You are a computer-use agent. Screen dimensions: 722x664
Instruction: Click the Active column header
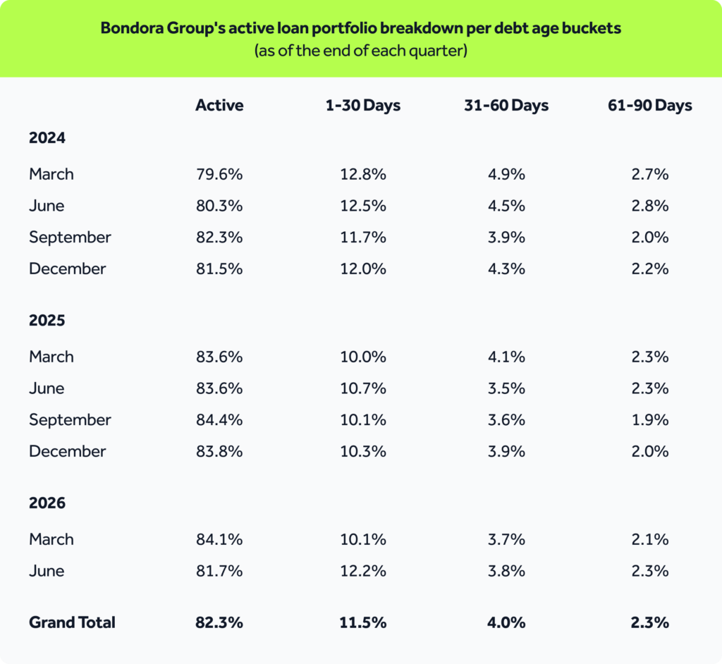pos(219,105)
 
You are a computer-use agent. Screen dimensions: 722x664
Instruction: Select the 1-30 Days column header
pos(363,106)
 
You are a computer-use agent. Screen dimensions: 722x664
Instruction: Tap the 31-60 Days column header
pos(506,106)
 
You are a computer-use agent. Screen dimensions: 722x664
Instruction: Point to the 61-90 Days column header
pos(649,106)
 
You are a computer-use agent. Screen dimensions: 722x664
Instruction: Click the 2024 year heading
pos(47,137)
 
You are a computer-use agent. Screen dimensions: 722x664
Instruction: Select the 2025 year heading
pos(47,320)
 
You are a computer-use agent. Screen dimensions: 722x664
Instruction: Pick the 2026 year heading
pos(47,503)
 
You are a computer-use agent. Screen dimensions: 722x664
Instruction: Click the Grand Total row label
pos(72,622)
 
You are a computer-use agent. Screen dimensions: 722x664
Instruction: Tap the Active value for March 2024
pos(219,174)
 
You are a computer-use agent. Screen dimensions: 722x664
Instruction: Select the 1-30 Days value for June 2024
pos(363,205)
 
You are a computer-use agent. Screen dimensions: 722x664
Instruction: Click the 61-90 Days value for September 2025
pos(649,419)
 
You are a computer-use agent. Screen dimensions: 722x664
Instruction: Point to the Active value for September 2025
pos(219,419)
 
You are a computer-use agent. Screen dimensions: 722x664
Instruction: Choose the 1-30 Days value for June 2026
pos(363,570)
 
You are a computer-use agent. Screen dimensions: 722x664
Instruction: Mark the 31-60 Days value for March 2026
pos(506,539)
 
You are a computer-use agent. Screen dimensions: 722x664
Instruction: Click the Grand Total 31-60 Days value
pos(506,622)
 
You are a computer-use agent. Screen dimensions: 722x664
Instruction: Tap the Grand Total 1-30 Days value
pos(363,622)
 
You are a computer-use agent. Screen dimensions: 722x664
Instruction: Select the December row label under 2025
pos(67,451)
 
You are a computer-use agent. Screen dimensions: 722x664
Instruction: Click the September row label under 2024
pos(70,238)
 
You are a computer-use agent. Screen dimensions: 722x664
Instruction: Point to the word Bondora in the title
pos(131,28)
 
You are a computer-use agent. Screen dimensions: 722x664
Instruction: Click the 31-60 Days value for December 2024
pos(506,269)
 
